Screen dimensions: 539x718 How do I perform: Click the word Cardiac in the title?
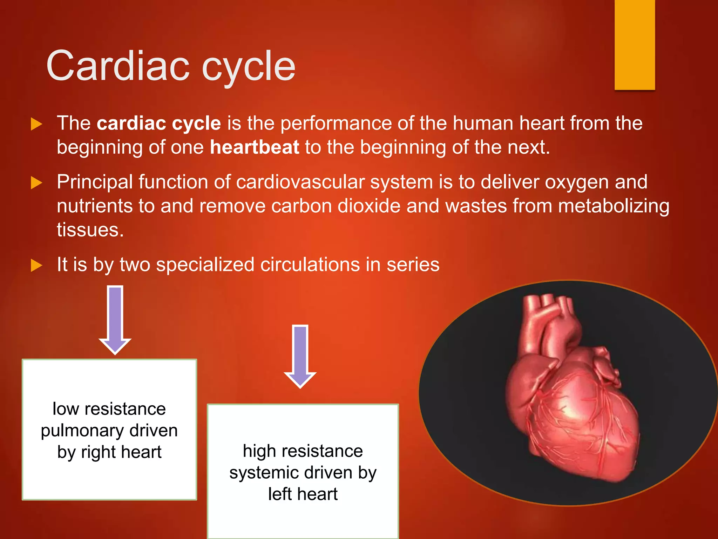pyautogui.click(x=118, y=66)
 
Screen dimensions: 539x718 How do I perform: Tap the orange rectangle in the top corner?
pyautogui.click(x=635, y=45)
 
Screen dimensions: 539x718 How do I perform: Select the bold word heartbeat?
pyautogui.click(x=255, y=147)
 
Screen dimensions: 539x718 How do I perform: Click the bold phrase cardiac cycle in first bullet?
pyautogui.click(x=159, y=123)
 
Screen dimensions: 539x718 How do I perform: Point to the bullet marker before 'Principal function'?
pyautogui.click(x=36, y=182)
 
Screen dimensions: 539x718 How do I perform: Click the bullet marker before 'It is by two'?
pyautogui.click(x=36, y=265)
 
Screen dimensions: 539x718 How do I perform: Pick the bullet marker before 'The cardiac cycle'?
pyautogui.click(x=36, y=124)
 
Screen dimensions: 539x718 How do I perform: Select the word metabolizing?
pyautogui.click(x=614, y=206)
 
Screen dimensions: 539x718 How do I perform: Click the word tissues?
pyautogui.click(x=90, y=230)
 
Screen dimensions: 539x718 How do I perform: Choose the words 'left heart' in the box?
pyautogui.click(x=303, y=494)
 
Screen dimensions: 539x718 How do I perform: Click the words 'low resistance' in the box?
pyautogui.click(x=109, y=409)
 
